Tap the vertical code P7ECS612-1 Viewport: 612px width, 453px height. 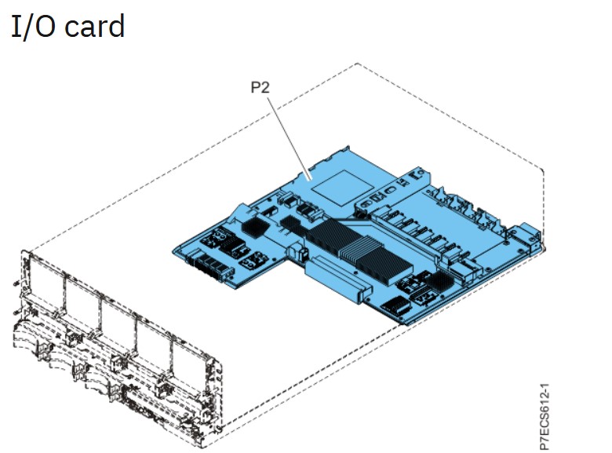pos(545,416)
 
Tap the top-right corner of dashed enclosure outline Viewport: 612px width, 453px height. pos(544,169)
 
